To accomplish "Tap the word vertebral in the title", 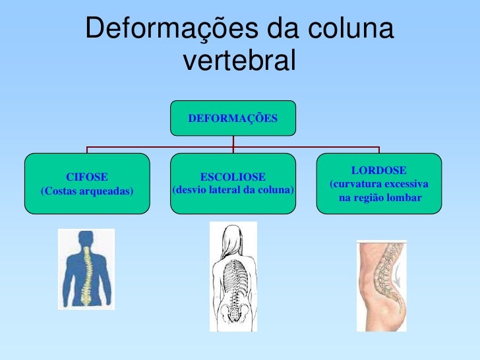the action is [x=239, y=61].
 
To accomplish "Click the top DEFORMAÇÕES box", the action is [x=233, y=119].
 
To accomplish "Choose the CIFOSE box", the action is [x=87, y=184].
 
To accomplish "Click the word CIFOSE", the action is [x=87, y=177].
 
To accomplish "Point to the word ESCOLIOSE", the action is [x=233, y=177].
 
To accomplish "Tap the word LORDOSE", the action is [x=378, y=170].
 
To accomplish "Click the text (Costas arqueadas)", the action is [x=87, y=191].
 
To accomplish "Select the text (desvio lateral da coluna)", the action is [x=233, y=191].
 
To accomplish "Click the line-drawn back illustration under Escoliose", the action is [x=233, y=277].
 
